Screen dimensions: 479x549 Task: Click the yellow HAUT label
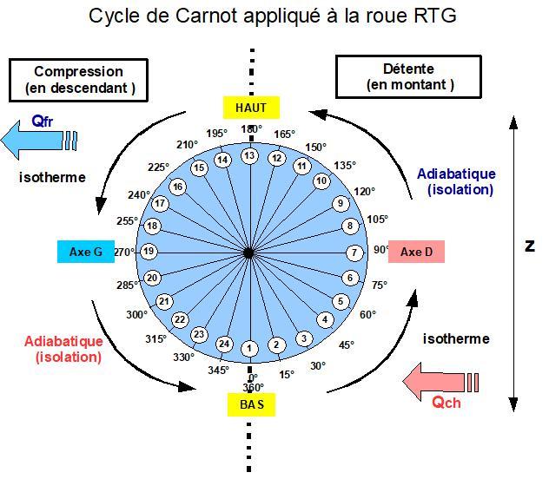251,108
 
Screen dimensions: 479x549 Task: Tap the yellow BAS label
251,404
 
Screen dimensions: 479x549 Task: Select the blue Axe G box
86,253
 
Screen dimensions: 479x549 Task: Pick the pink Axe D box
416,253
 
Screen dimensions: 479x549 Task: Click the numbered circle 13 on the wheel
250,156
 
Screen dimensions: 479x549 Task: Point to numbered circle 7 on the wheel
354,253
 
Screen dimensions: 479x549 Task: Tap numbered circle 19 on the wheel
149,253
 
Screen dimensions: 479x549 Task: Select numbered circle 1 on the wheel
249,349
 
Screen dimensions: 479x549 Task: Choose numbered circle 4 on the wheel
326,318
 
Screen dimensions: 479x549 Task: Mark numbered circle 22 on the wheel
180,319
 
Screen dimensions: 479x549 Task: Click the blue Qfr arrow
38,135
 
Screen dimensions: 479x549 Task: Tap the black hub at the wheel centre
249,253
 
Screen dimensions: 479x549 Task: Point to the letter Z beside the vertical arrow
530,246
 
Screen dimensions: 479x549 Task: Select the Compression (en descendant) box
79,79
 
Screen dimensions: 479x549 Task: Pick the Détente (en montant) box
407,77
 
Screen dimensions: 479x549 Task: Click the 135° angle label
345,166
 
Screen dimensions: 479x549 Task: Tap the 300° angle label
136,316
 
